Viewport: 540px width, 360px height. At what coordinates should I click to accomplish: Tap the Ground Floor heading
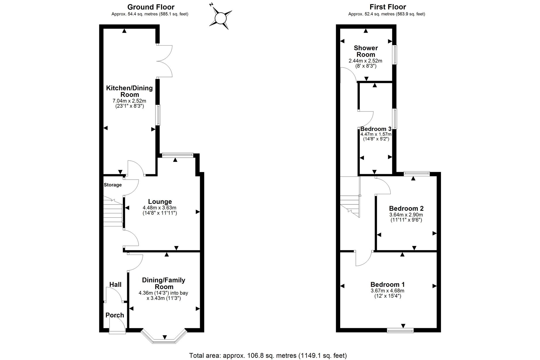click(151, 7)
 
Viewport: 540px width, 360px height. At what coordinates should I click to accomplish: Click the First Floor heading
click(388, 7)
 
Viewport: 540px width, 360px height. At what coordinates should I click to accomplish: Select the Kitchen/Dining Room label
click(129, 91)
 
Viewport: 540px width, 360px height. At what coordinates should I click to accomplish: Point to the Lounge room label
click(160, 201)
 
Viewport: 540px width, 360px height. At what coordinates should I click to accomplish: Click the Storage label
click(113, 185)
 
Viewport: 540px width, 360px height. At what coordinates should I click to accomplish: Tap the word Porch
click(115, 315)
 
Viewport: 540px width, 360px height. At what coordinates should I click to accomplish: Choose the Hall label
click(115, 284)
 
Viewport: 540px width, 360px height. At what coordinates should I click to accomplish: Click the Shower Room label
click(366, 51)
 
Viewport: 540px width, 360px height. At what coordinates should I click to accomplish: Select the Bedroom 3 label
click(376, 129)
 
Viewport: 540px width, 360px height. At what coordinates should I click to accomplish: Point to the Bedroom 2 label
click(406, 208)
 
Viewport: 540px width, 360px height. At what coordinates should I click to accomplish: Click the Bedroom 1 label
click(387, 284)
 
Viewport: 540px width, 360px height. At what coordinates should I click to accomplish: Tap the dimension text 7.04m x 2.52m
click(129, 101)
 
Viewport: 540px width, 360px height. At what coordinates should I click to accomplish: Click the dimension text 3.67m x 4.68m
click(387, 291)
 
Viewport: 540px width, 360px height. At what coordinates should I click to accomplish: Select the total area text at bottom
click(268, 356)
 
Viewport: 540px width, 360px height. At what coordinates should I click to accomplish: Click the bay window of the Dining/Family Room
click(164, 336)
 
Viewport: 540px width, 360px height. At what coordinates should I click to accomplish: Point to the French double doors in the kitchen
click(164, 61)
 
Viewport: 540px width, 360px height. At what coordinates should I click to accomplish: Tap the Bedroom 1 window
click(400, 330)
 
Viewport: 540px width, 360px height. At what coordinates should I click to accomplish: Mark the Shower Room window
click(395, 55)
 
